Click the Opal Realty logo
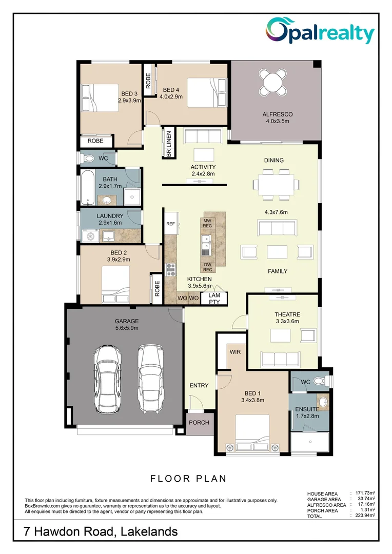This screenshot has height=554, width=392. click(320, 32)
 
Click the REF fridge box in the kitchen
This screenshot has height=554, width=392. click(170, 224)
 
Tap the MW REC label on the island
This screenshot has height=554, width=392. click(207, 223)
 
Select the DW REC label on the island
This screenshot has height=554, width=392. click(207, 267)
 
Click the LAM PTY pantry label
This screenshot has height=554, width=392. click(214, 299)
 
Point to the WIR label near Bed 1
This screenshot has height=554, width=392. click(236, 352)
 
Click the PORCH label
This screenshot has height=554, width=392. click(199, 423)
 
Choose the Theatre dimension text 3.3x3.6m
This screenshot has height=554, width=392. click(287, 321)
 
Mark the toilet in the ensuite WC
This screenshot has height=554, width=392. click(319, 381)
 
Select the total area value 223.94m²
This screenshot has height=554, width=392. click(365, 516)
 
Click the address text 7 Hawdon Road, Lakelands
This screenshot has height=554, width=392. click(101, 531)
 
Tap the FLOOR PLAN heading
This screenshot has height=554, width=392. click(188, 479)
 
